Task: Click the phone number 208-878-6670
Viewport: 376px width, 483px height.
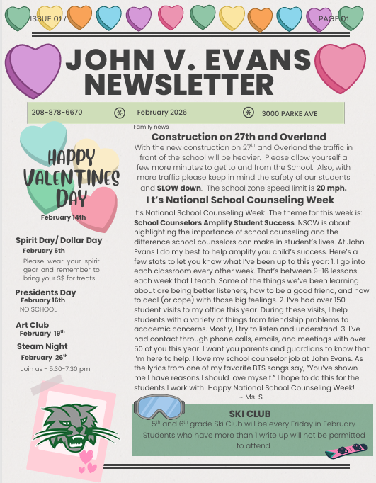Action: pos(57,112)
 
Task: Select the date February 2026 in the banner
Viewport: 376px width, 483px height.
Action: pos(162,112)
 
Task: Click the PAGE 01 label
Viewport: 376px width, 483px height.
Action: pos(334,18)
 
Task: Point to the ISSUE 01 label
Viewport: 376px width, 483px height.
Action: pos(47,18)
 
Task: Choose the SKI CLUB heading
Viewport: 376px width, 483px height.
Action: pos(250,413)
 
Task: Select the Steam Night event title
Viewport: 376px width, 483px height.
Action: pos(42,346)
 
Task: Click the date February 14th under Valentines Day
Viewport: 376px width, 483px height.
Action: pos(68,217)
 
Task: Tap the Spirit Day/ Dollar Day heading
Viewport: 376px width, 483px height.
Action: pos(59,240)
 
